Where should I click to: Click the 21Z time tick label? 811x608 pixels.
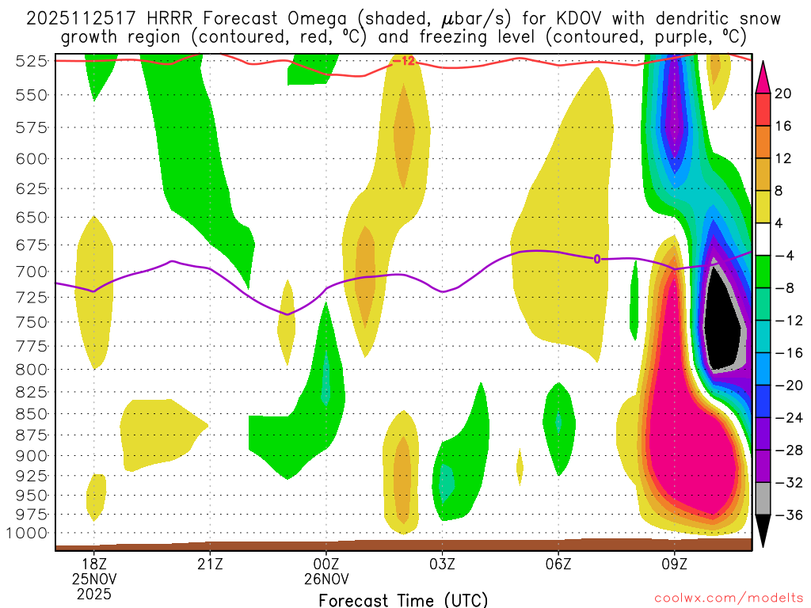[x=210, y=564]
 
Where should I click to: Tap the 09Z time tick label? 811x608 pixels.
[x=675, y=564]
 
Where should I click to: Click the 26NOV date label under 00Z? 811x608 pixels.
[x=326, y=579]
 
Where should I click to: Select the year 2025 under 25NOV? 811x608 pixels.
[x=94, y=593]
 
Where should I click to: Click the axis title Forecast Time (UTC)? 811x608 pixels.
[x=403, y=600]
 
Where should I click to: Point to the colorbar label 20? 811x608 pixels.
[x=784, y=93]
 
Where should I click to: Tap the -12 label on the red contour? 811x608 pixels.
[x=403, y=61]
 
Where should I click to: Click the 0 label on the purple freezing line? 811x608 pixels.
[x=597, y=258]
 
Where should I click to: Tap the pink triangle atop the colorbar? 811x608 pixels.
[x=763, y=76]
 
